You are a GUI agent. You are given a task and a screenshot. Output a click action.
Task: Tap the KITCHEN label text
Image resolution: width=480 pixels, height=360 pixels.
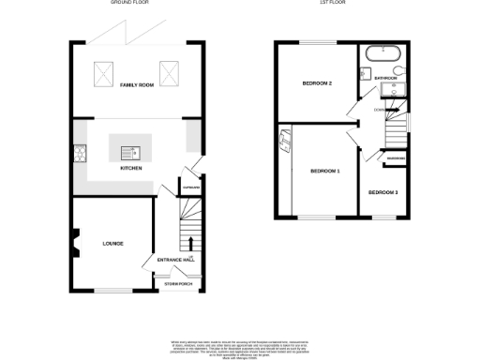(x=130, y=168)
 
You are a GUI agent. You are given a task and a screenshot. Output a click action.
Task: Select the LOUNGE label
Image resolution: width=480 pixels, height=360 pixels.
(x=113, y=244)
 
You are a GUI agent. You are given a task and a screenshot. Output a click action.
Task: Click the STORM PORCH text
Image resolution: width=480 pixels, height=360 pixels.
(x=177, y=283)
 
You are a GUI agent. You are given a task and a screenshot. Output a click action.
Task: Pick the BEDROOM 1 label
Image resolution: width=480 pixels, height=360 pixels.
(x=325, y=172)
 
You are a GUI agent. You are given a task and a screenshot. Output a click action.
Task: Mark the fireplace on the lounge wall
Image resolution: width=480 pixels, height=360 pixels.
(x=73, y=242)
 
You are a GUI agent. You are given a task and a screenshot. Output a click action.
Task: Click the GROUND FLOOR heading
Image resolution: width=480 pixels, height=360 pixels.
(x=130, y=4)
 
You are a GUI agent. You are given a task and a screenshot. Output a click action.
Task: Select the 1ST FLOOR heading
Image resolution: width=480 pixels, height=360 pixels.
(x=341, y=4)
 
